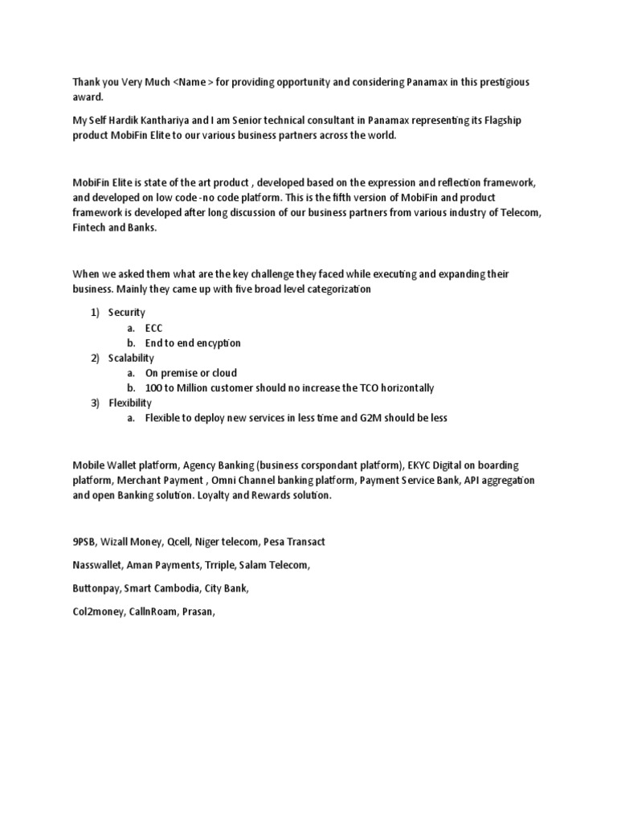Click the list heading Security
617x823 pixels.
tap(127, 313)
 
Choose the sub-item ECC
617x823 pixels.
tap(153, 328)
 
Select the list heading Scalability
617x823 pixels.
tap(132, 358)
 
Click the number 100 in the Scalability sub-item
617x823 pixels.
tap(153, 388)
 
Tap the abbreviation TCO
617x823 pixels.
tap(349, 388)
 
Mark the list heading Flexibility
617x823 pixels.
tap(130, 403)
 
